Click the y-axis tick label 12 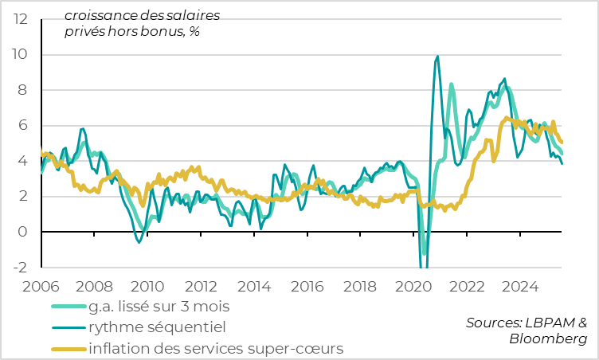click(19, 19)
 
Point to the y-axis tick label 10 click(19, 55)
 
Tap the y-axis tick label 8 click(23, 90)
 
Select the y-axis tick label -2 click(20, 268)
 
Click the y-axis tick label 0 click(23, 232)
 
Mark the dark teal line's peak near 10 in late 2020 click(437, 57)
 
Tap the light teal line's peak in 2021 click(452, 84)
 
